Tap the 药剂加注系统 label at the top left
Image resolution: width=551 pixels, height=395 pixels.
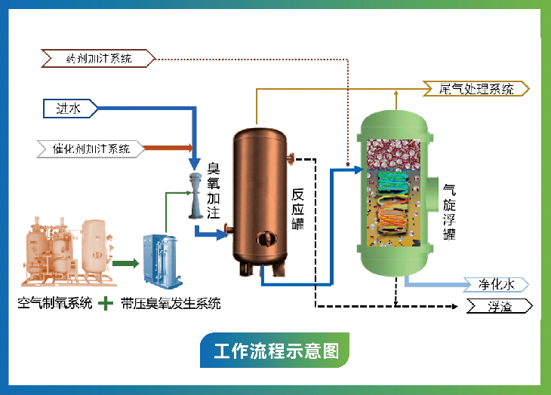pyautogui.click(x=99, y=57)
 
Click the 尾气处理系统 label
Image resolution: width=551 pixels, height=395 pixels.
pyautogui.click(x=476, y=89)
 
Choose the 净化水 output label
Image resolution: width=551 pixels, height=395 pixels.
pyautogui.click(x=494, y=284)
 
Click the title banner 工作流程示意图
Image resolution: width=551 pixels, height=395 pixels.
pyautogui.click(x=275, y=351)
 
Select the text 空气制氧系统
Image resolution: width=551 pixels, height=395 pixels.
pyautogui.click(x=55, y=304)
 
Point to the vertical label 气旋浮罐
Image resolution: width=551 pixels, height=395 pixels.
pyautogui.click(x=450, y=212)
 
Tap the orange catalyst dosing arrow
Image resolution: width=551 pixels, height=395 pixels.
pyautogui.click(x=170, y=149)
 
